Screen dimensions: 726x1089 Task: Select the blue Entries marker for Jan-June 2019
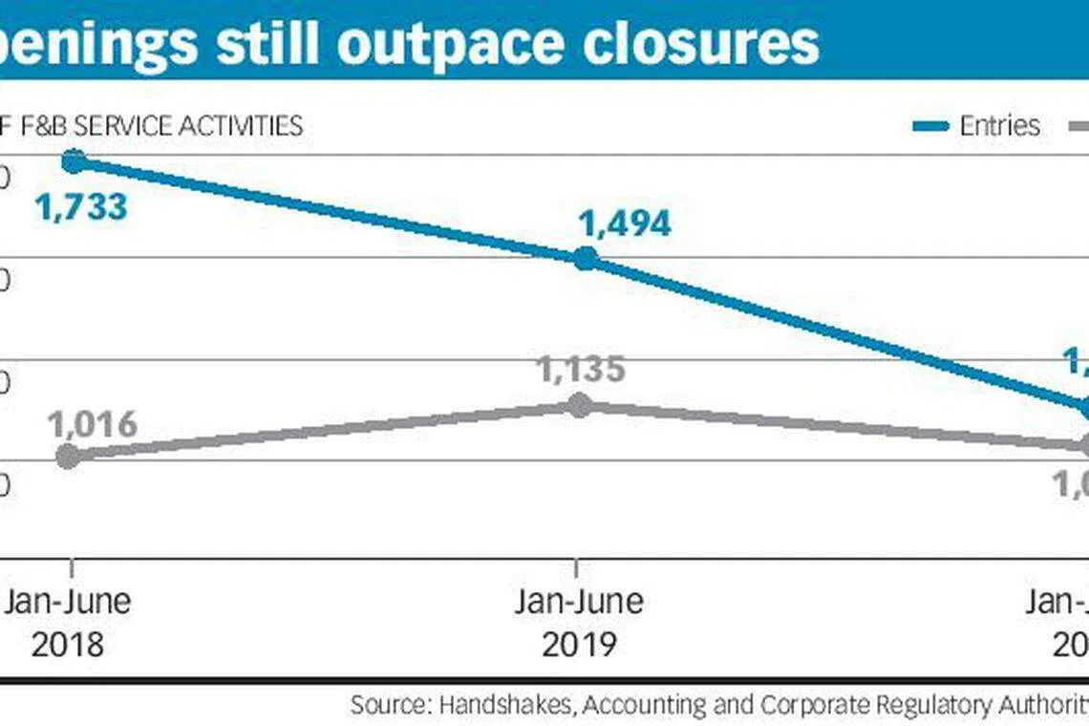click(x=585, y=258)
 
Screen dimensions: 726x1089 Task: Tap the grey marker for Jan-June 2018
click(x=68, y=456)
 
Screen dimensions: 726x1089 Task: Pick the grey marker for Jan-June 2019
click(x=580, y=405)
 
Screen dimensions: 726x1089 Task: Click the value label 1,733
click(x=81, y=206)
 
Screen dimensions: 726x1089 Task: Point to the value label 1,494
click(x=625, y=223)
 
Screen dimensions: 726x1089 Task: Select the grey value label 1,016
click(x=92, y=424)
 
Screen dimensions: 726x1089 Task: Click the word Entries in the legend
click(x=999, y=125)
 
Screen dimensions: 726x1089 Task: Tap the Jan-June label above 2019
click(x=579, y=602)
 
